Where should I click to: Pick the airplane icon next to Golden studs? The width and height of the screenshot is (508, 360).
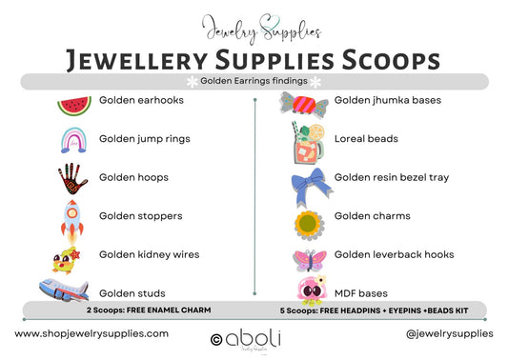[63, 290]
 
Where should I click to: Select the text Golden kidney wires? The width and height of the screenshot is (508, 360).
[149, 254]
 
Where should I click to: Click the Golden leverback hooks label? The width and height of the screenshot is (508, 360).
[394, 254]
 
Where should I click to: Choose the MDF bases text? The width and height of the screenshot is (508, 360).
[360, 292]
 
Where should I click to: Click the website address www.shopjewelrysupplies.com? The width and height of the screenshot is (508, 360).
[92, 333]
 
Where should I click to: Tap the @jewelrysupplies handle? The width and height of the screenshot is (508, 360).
[449, 333]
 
